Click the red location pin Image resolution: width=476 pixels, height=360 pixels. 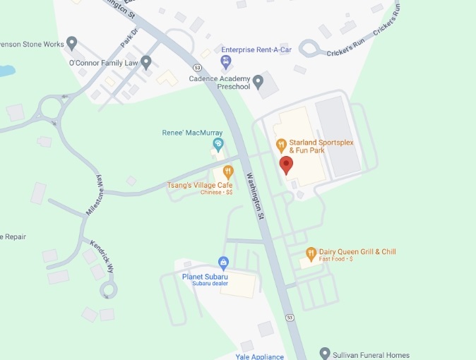coord(286,165)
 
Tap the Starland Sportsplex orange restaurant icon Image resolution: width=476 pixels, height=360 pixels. coord(281,145)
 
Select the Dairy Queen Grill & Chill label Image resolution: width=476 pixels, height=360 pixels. coord(358,252)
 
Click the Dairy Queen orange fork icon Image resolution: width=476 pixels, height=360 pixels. coord(311,252)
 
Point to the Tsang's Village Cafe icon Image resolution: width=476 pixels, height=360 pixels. coord(228,171)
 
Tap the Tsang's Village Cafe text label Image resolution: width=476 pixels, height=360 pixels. coord(200,185)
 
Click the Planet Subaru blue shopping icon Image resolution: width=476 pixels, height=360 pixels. coord(224,263)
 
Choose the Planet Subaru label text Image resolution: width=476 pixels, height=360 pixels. coord(205,277)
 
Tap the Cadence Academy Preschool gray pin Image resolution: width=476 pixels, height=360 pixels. coord(258,83)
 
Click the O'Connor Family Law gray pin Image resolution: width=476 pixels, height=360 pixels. coord(146,62)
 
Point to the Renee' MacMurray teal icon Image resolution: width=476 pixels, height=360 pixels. coord(218,145)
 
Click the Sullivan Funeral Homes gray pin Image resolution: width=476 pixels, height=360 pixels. coord(324,352)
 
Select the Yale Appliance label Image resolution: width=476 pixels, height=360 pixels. coord(259,356)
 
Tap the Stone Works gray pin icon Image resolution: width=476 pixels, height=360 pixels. coord(71,44)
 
